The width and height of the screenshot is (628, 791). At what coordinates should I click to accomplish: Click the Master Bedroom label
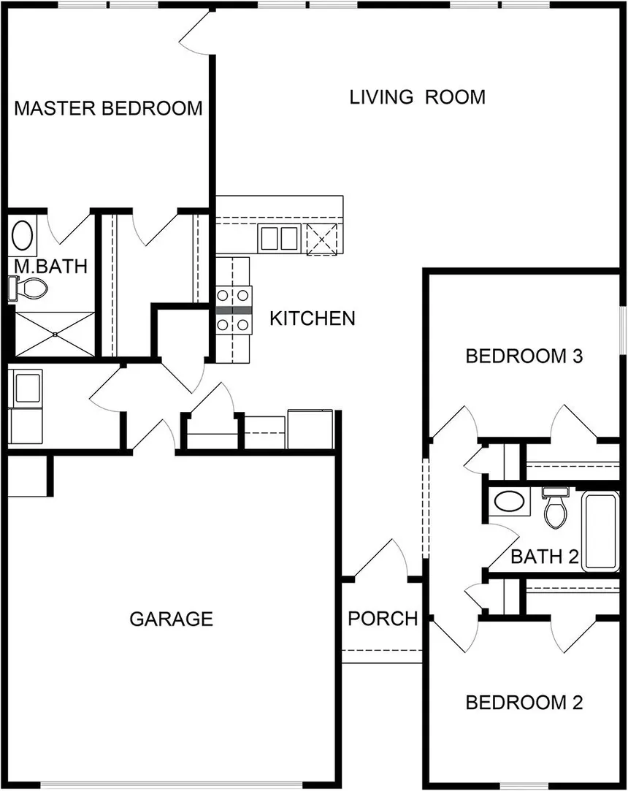point(108,109)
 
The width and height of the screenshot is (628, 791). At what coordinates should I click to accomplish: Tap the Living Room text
point(417,97)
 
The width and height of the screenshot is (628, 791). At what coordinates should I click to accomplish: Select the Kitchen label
point(313,318)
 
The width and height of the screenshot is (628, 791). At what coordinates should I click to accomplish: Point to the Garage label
point(171,619)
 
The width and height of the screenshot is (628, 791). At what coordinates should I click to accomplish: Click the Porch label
point(383,619)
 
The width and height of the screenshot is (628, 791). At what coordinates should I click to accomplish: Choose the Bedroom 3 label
point(524,356)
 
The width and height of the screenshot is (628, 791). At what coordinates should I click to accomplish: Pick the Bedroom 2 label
point(524,703)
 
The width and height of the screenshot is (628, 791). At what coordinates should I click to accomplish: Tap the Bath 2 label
point(544,557)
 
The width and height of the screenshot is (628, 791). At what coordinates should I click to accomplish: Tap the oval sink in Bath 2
point(508,502)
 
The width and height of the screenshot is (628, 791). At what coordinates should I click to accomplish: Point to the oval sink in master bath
point(22,237)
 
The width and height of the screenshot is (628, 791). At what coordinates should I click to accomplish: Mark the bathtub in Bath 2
point(600,530)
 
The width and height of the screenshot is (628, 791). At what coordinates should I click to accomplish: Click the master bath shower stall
point(55,335)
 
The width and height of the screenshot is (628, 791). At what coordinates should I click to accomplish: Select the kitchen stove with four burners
point(234,310)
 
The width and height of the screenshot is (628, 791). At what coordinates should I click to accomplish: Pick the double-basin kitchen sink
point(279,238)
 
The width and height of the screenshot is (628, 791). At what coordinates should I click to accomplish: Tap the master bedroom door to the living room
point(196,33)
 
